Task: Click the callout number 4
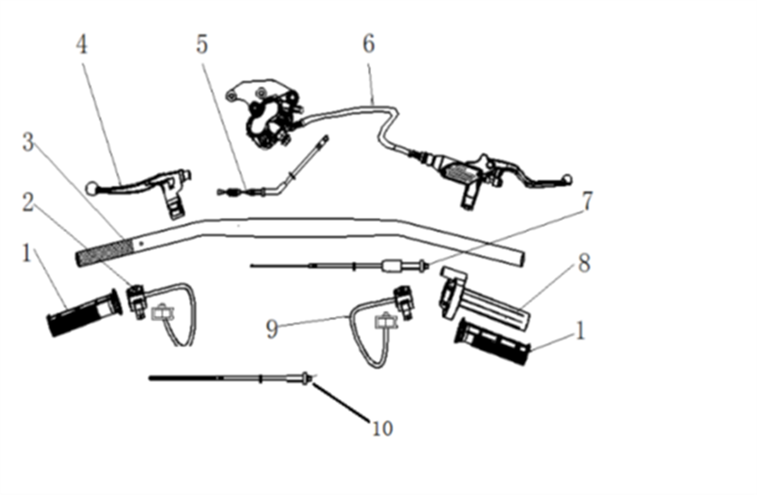82,45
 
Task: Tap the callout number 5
202,45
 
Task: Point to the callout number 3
28,143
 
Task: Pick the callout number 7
587,202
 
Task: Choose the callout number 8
584,264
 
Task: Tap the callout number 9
272,329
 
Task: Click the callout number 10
382,429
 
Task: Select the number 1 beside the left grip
26,253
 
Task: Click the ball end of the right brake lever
569,179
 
